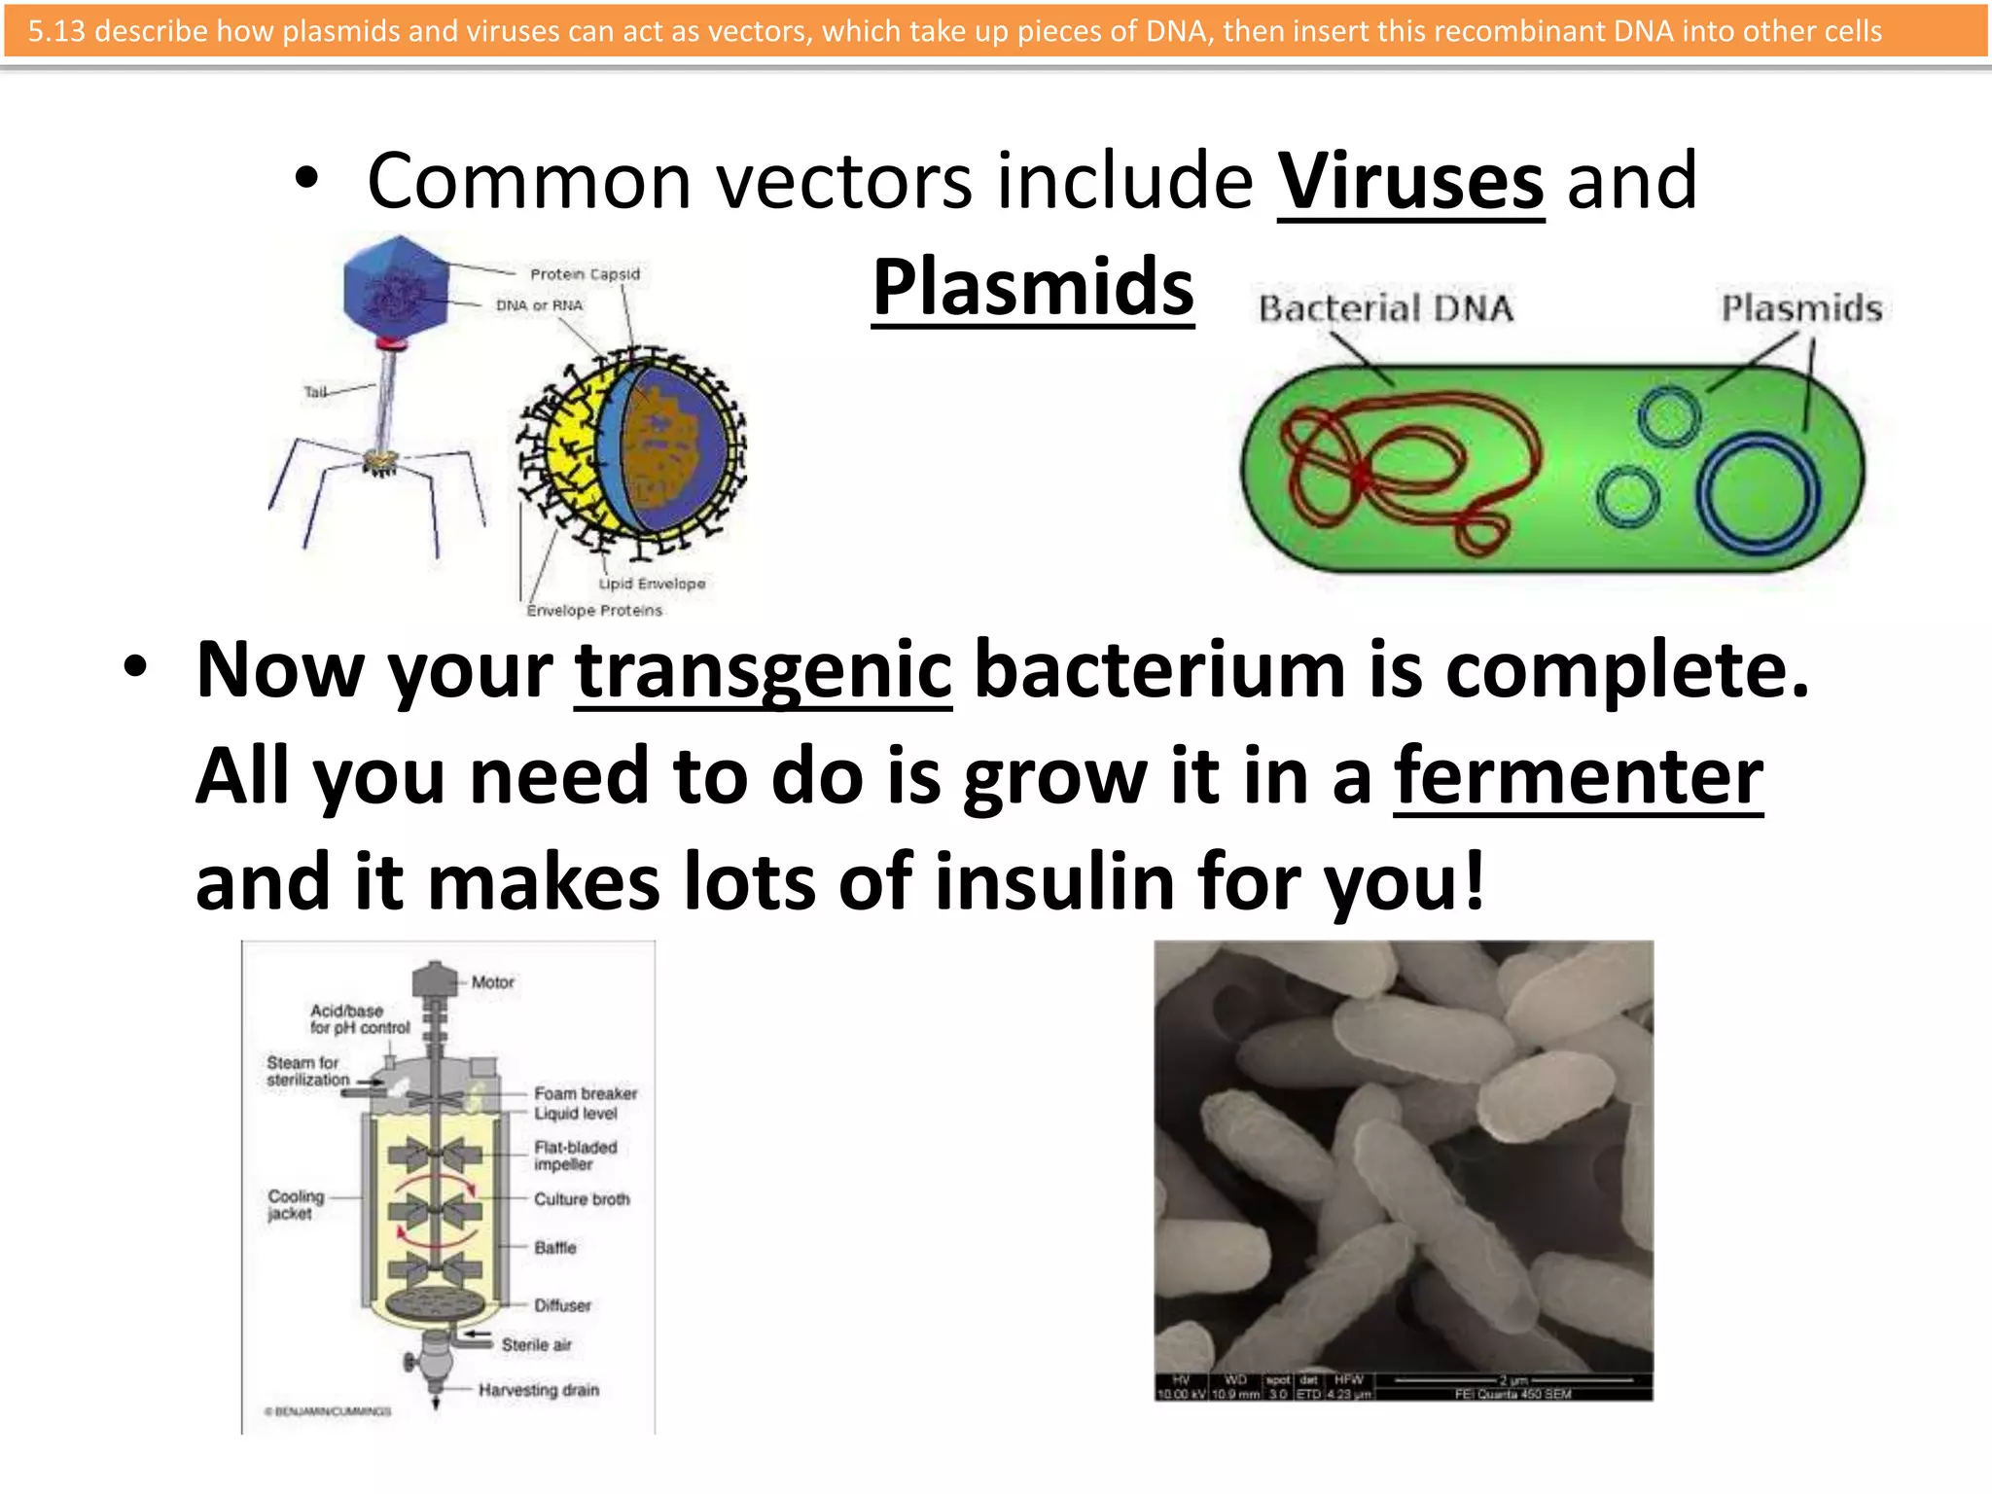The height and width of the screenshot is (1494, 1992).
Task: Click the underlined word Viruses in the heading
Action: (1410, 182)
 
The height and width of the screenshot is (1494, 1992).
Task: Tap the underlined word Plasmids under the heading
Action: (1033, 288)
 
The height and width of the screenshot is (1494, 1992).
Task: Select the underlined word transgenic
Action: (763, 670)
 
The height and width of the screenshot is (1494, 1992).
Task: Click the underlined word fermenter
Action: (1578, 777)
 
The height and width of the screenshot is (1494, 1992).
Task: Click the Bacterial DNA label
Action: (1386, 309)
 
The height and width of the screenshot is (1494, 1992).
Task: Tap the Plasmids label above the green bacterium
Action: (1801, 308)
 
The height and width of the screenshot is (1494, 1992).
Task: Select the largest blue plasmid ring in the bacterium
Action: (1758, 493)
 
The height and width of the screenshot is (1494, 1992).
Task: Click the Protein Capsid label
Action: (585, 274)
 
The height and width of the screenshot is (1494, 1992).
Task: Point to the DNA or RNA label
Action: (539, 305)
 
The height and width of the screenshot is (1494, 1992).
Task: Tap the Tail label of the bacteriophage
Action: (315, 392)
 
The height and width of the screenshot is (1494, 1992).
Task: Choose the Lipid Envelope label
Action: (652, 584)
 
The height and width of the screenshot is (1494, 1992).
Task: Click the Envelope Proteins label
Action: (594, 611)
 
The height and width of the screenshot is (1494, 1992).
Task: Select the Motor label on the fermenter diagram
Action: (492, 982)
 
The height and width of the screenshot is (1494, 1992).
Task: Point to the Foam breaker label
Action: (586, 1093)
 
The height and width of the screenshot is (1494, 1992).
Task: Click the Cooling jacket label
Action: (296, 1204)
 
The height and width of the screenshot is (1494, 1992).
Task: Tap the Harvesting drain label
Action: (538, 1390)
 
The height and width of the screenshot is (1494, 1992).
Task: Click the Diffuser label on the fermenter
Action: (562, 1305)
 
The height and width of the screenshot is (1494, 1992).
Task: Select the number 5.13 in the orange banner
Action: (55, 31)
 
